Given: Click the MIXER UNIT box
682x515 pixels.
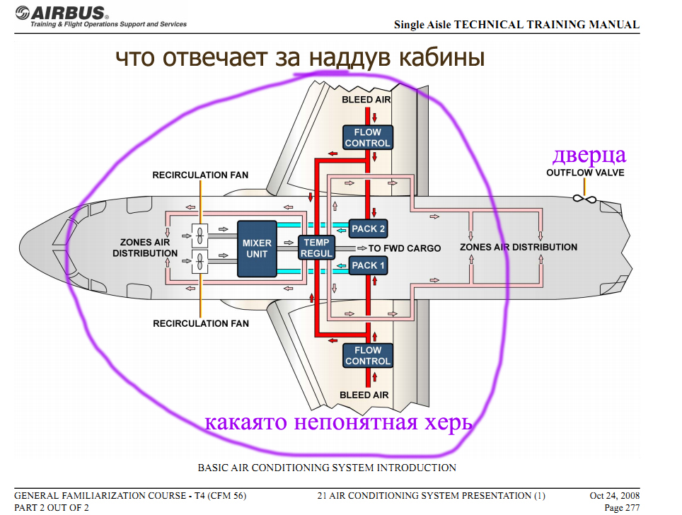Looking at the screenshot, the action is [257, 248].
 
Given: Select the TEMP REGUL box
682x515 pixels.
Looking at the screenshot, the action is [316, 248].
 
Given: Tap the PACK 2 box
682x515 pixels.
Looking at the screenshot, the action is [368, 228].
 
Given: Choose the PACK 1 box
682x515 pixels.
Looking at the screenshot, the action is [368, 265].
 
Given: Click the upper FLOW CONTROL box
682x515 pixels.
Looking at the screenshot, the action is [368, 137].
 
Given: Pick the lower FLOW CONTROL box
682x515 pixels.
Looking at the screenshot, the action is [368, 355].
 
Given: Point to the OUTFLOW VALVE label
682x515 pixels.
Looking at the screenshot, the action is [585, 173].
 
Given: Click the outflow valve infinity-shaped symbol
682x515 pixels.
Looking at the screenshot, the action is [584, 199].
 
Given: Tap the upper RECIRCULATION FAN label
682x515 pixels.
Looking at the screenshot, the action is [200, 175].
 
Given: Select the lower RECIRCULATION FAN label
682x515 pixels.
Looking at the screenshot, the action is [200, 323].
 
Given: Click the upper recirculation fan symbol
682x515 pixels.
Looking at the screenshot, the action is [200, 236].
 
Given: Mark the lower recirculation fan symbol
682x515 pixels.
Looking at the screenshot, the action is [200, 262].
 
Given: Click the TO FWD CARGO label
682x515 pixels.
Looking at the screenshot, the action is [405, 248].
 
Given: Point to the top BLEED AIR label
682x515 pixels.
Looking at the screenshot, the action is [366, 100].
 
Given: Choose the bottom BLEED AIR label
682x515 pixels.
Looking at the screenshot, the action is [364, 395].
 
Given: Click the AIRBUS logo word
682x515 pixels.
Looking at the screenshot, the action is [67, 13].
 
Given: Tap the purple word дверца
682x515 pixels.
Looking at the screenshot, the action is [589, 156].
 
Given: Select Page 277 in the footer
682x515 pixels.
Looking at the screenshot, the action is [622, 508].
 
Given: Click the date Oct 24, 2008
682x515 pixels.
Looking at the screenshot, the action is [615, 495].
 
